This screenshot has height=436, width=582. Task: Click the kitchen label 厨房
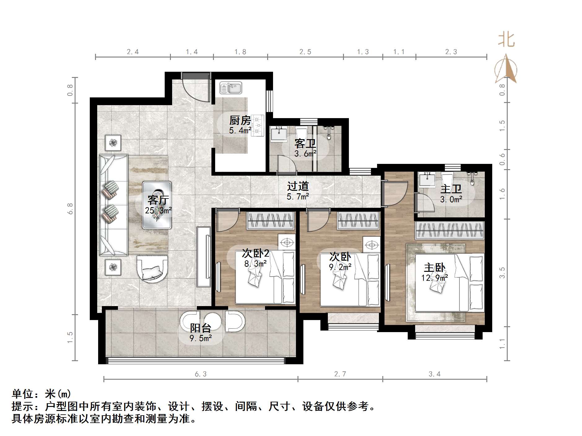point(240,120)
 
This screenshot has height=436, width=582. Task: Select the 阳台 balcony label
point(200,328)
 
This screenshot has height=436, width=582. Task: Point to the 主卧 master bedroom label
point(434,267)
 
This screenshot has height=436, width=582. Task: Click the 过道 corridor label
point(298,186)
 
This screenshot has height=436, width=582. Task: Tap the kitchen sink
point(231,88)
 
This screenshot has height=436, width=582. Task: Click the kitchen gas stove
point(258,126)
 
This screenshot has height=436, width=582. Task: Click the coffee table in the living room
point(157,205)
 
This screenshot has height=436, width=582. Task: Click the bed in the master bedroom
point(449,282)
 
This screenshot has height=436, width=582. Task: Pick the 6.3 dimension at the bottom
point(201,374)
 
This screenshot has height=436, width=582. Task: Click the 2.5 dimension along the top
point(305,52)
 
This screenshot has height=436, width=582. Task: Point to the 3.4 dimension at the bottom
point(434,374)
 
